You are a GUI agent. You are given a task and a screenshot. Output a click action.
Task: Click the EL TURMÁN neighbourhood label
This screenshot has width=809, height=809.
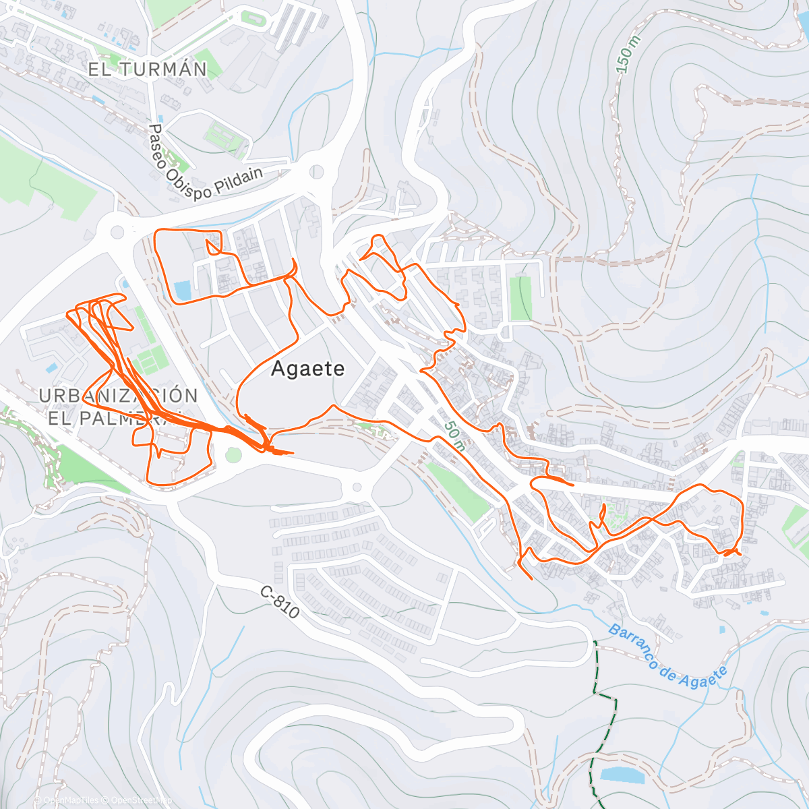click(148, 69)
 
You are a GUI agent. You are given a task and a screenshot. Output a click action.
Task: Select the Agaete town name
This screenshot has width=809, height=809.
click(307, 369)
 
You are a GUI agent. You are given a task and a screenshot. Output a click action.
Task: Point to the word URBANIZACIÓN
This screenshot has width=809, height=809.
click(118, 396)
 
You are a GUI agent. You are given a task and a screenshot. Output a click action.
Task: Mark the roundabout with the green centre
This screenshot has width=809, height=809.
click(233, 456)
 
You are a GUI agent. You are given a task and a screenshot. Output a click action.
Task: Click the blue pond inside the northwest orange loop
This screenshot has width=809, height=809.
click(182, 291)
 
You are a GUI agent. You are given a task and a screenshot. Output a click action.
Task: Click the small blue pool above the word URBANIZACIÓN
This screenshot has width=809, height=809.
click(51, 368)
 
